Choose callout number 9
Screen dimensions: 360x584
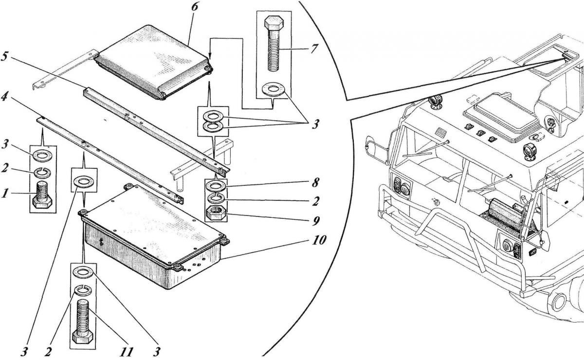[317, 220]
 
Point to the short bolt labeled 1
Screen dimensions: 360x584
[43, 194]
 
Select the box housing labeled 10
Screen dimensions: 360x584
[151, 243]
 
